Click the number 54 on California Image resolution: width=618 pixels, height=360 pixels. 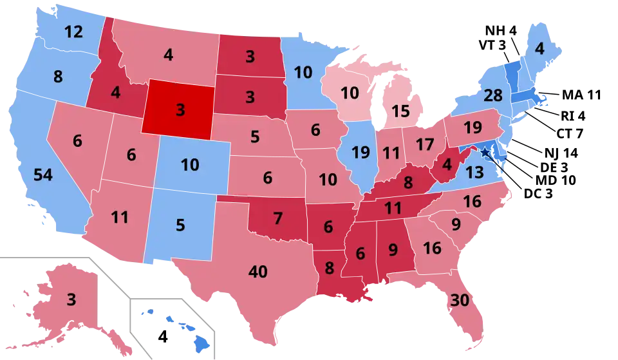click(42, 175)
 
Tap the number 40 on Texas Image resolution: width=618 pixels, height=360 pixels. click(257, 272)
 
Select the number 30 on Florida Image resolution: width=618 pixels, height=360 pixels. click(460, 301)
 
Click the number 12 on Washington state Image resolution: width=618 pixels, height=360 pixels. click(74, 31)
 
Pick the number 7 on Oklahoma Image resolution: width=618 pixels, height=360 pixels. click(277, 218)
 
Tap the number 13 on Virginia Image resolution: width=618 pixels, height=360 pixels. click(474, 172)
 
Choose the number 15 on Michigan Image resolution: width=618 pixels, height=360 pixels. click(400, 111)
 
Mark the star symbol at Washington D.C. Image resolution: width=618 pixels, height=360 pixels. click(485, 152)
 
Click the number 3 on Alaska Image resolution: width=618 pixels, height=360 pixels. click(71, 299)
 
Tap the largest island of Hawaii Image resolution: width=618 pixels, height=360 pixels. click(202, 345)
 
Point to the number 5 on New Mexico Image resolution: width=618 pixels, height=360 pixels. click(180, 226)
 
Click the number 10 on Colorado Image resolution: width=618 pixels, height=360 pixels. click(189, 165)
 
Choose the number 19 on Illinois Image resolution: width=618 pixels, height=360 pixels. click(360, 153)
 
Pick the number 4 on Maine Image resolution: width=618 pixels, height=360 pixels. click(540, 49)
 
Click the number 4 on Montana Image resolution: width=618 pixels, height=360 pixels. click(168, 55)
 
